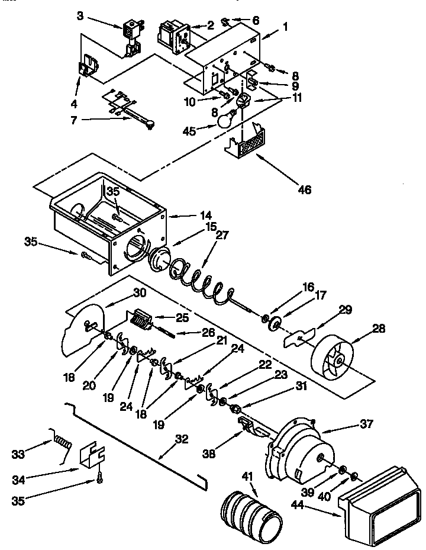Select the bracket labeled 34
coord(91,456)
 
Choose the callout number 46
coord(305,190)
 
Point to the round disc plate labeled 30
coord(83,330)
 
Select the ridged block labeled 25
coord(140,321)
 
